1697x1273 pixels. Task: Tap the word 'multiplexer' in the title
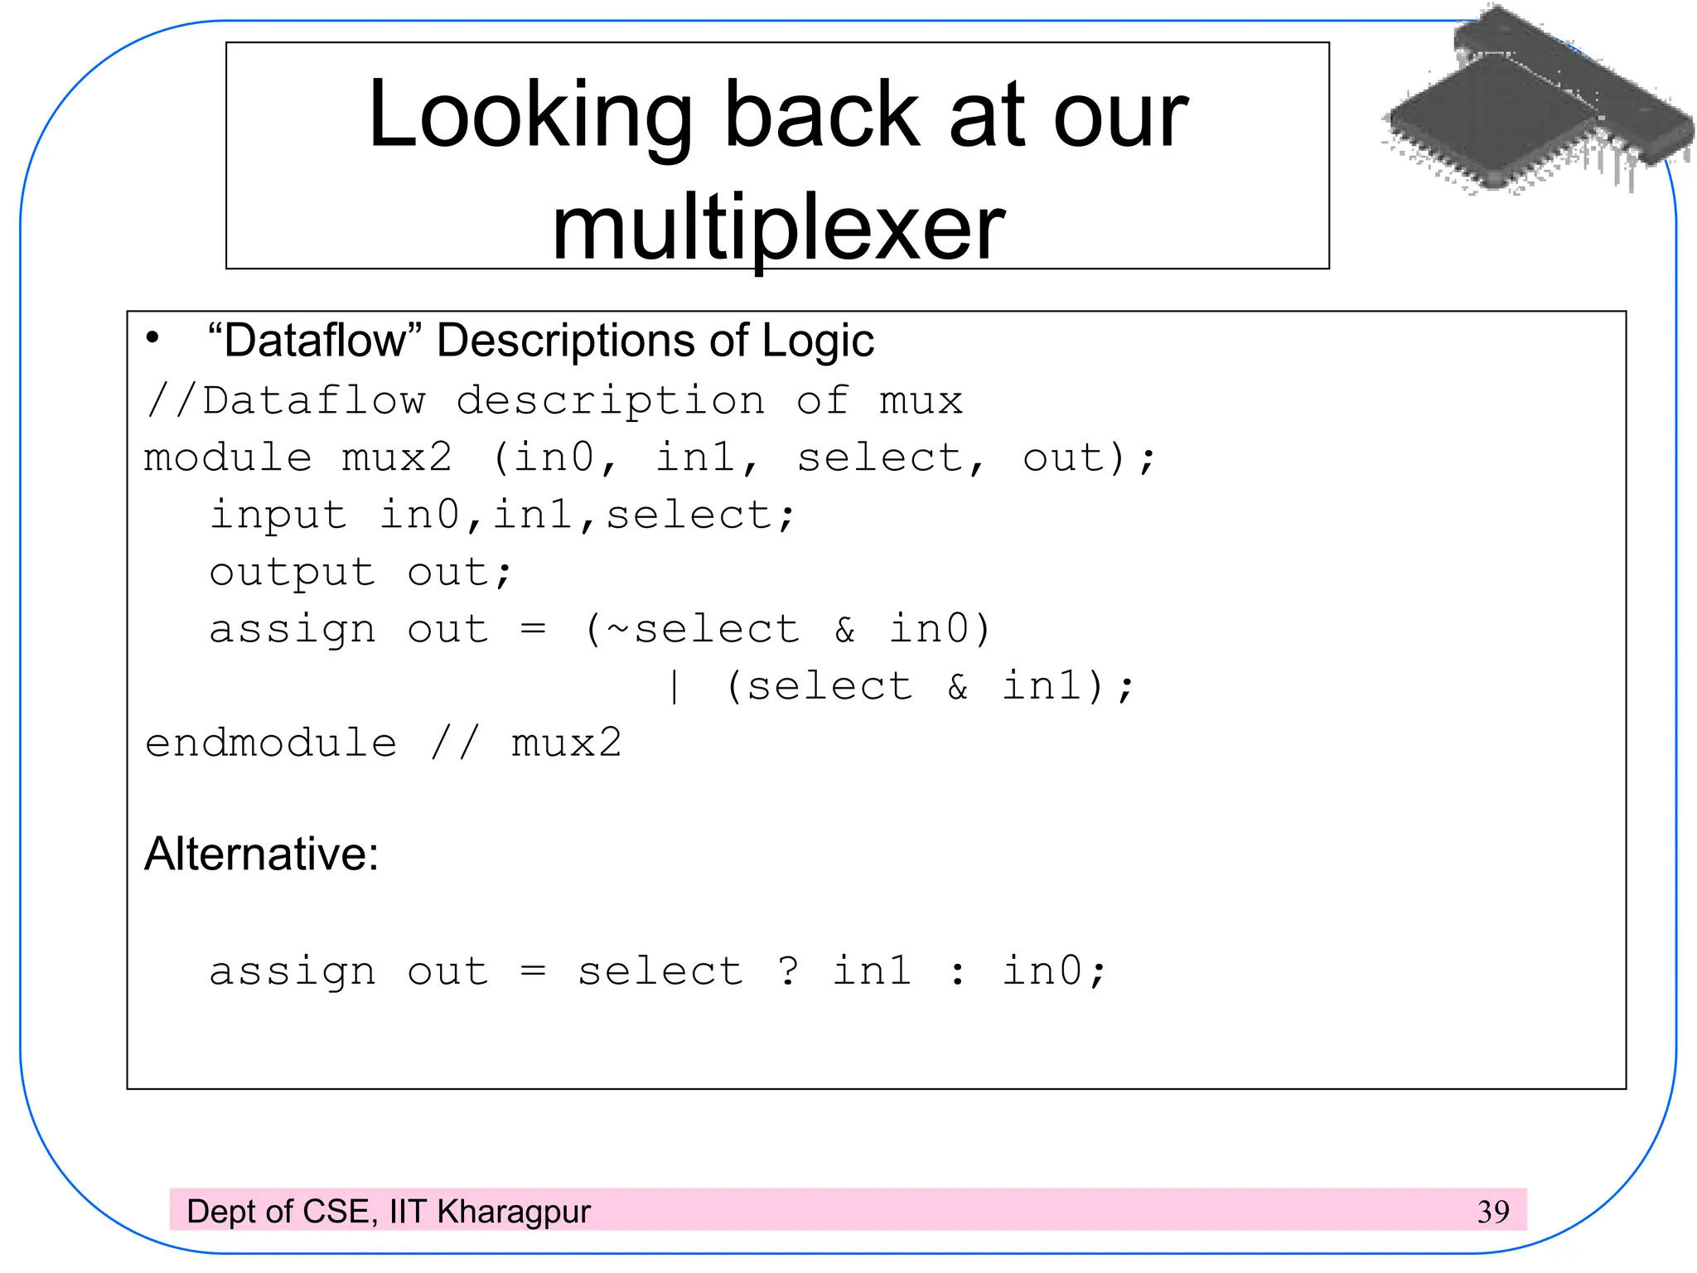coord(778,228)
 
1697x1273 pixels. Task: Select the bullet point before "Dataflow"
coord(152,338)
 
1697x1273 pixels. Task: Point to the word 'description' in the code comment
coord(611,401)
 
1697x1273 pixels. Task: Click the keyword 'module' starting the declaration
coord(228,457)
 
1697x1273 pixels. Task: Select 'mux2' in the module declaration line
coord(397,457)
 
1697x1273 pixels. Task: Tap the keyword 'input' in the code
coord(278,515)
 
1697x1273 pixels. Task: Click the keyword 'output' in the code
coord(292,573)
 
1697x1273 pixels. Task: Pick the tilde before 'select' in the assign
coord(618,628)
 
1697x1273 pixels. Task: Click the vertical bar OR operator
coord(674,686)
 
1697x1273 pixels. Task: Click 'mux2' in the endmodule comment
coord(566,743)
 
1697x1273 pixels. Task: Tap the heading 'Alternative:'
coord(262,854)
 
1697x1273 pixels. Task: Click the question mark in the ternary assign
coord(788,970)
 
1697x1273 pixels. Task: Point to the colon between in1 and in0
coord(958,972)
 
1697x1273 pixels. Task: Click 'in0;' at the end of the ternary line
coord(1054,970)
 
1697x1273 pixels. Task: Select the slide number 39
coord(1493,1212)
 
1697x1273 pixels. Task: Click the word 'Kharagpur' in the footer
coord(514,1212)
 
